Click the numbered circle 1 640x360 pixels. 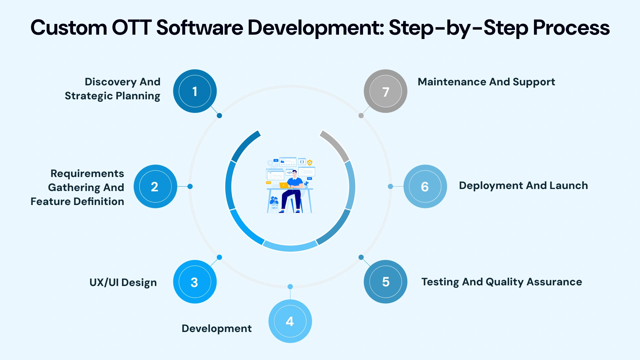coord(195,91)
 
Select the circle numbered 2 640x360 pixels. coord(155,186)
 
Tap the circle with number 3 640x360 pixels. coord(195,282)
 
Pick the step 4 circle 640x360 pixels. coord(290,321)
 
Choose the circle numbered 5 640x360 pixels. coord(385,282)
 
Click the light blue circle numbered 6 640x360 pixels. coord(425,186)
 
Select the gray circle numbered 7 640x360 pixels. coord(385,91)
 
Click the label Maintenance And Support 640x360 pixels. coord(486,82)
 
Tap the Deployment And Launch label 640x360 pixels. coord(523,186)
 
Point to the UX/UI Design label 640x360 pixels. coord(123,282)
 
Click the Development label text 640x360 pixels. coord(216,328)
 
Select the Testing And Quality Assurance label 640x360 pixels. coord(501,282)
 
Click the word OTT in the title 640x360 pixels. coord(131,28)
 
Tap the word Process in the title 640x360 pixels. coord(571,28)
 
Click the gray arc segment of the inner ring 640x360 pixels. coord(335,145)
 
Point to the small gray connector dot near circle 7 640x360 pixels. coord(361,116)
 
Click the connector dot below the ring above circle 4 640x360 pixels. coord(290,287)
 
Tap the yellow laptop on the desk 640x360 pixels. coord(284,185)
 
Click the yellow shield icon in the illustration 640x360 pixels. coord(310,162)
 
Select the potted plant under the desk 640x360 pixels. coord(274,202)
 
